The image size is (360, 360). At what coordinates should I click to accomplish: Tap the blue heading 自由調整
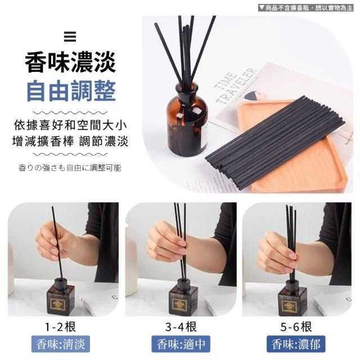[x=71, y=91]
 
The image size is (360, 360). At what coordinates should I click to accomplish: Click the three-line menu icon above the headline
[x=70, y=37]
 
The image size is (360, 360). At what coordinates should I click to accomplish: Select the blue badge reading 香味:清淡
[x=61, y=344]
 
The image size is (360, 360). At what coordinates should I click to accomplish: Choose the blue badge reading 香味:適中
[x=181, y=344]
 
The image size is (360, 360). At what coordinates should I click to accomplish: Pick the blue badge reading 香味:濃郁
[x=296, y=344]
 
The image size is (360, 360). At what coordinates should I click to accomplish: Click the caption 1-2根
[x=61, y=326]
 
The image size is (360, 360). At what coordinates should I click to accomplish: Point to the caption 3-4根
[x=181, y=326]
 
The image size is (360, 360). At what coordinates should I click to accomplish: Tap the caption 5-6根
[x=296, y=326]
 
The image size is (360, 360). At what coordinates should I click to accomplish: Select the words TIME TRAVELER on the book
[x=235, y=85]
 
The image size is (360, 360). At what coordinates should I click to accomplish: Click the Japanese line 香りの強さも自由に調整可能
[x=70, y=168]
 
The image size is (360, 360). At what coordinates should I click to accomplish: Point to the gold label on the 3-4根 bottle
[x=179, y=305]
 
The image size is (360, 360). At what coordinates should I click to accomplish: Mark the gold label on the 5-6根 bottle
[x=289, y=306]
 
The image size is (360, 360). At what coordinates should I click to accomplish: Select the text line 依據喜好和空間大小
[x=70, y=125]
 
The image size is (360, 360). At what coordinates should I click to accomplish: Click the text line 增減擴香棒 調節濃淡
[x=70, y=141]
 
